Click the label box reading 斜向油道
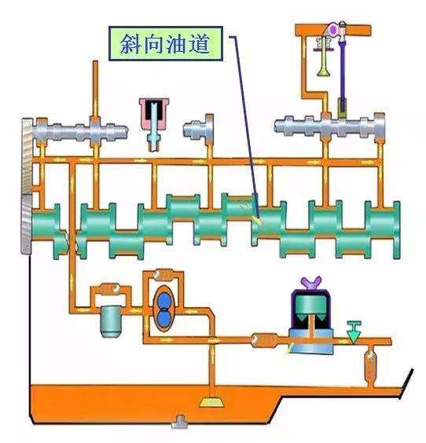[167, 45]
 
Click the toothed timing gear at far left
[28, 185]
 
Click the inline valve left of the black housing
[262, 340]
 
